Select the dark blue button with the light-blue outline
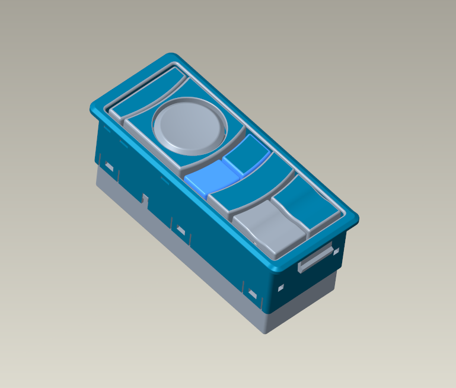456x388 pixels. (247, 153)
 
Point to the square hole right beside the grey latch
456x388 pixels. (336, 252)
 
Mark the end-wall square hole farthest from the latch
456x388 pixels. (281, 287)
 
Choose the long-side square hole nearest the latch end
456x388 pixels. (253, 294)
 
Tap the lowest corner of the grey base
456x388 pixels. (266, 331)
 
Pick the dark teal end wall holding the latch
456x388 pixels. (308, 279)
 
